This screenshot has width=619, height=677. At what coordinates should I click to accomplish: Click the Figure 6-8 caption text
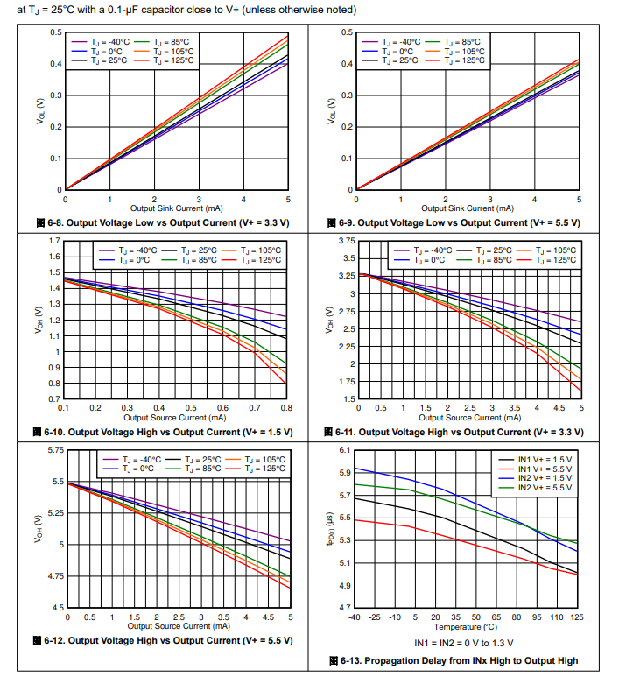pos(166,222)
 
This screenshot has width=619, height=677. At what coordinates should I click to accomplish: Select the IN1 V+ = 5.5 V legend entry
pos(547,469)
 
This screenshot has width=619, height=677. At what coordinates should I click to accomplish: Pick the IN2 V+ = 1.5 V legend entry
pos(547,478)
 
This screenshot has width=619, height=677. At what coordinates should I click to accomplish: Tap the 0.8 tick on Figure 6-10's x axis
pos(286,408)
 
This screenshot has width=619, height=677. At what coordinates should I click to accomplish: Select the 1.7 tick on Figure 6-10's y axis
pos(54,240)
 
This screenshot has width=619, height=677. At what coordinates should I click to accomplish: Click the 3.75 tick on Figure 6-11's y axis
pos(346,240)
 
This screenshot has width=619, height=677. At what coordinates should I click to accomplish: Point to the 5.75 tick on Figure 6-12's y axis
pos(54,450)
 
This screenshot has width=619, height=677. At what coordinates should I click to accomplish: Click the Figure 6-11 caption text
pos(458,432)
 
